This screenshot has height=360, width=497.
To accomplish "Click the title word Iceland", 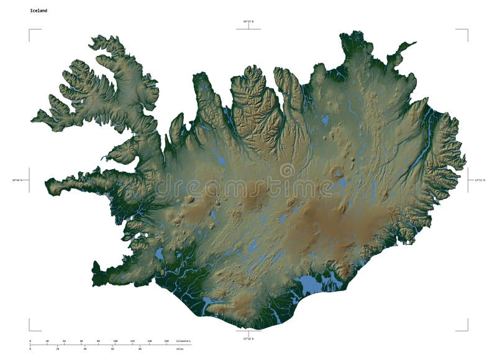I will pos(38,11).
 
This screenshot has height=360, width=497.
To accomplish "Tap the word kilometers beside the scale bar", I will pos(183,341).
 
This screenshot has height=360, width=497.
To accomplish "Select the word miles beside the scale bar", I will pos(180,348).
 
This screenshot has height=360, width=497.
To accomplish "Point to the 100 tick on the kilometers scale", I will pos(115,341).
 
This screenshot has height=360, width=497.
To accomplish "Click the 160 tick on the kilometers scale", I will pos(166,341).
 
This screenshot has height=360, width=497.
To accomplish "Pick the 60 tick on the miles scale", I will pos(112,348).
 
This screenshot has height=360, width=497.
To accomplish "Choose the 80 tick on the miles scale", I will pos(140,348).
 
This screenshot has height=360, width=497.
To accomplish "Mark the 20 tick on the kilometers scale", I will pos(47,341).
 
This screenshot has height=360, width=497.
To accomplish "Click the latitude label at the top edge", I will pos(248,22).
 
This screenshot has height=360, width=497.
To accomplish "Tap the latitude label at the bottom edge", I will pos(248,338).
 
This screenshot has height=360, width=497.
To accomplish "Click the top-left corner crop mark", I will pos(30,30).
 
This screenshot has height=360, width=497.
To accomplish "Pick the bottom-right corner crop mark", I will pos(467,330).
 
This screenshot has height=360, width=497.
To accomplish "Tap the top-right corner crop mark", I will pos(467,30).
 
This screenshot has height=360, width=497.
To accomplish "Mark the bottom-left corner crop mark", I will pos(30,330).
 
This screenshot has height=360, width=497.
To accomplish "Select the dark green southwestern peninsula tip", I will pos(96,274).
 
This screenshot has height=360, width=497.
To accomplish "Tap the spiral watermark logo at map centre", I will pos(287,170).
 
